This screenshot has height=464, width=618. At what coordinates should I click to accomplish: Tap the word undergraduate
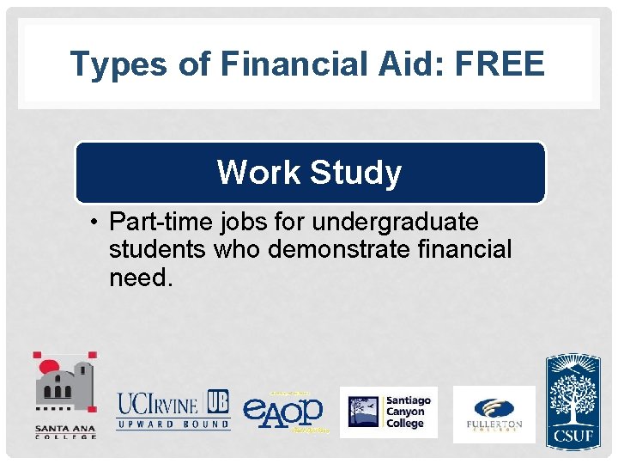(395, 223)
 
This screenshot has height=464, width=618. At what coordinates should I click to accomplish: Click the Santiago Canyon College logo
(389, 412)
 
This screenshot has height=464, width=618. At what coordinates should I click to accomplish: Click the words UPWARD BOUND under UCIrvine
(173, 424)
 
